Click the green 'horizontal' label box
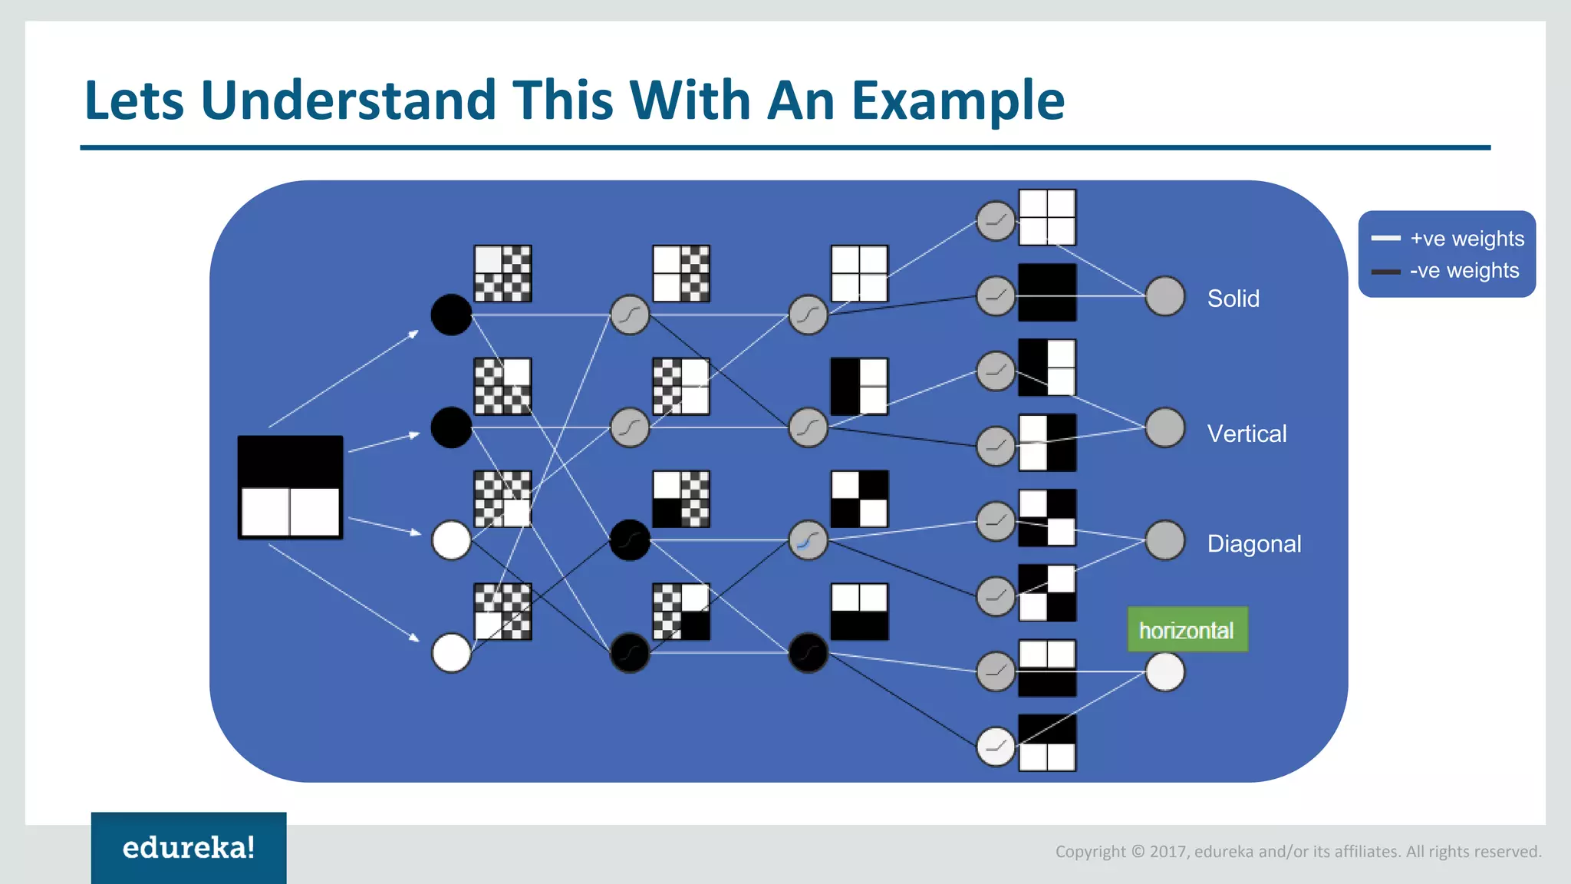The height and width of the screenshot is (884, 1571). pyautogui.click(x=1187, y=630)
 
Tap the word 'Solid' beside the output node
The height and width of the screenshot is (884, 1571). pyautogui.click(x=1233, y=299)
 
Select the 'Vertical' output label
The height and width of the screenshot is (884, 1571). pyautogui.click(x=1247, y=434)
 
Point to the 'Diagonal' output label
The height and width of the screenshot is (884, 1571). pyautogui.click(x=1253, y=544)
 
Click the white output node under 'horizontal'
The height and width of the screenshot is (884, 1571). pyautogui.click(x=1164, y=672)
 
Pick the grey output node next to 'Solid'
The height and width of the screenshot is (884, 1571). pyautogui.click(x=1164, y=296)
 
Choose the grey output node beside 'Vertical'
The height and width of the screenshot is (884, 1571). pyautogui.click(x=1164, y=427)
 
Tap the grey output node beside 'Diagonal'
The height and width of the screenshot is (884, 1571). pyautogui.click(x=1164, y=540)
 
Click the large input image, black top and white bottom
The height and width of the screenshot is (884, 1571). pyautogui.click(x=290, y=487)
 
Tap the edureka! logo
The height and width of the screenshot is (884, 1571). pyautogui.click(x=189, y=847)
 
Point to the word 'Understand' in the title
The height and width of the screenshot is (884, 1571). pyautogui.click(x=348, y=101)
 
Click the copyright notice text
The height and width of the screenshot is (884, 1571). pyautogui.click(x=1298, y=852)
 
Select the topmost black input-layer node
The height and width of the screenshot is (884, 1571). pyautogui.click(x=451, y=315)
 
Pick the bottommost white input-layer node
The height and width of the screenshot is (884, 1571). pyautogui.click(x=451, y=653)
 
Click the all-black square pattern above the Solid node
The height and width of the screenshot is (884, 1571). pyautogui.click(x=1047, y=292)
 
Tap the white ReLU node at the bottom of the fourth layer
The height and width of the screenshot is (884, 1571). pyautogui.click(x=995, y=747)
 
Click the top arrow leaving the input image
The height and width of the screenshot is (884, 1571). pyautogui.click(x=343, y=379)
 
